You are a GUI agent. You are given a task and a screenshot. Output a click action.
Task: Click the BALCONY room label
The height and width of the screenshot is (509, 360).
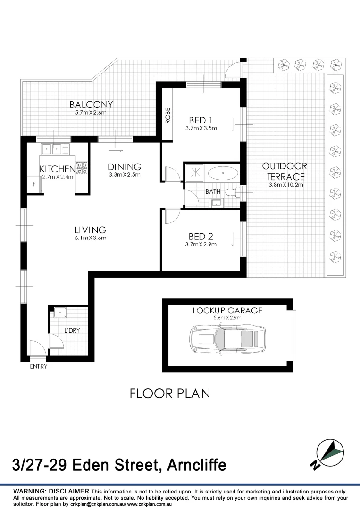click(91, 105)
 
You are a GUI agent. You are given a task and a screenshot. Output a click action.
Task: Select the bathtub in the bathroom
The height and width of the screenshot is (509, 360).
click(223, 173)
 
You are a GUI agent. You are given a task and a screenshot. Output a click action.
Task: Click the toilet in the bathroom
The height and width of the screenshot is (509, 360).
click(231, 192)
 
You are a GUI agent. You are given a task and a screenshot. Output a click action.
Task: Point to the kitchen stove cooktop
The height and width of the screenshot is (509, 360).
click(82, 167)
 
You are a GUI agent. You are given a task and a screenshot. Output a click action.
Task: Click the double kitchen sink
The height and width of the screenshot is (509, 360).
click(55, 149)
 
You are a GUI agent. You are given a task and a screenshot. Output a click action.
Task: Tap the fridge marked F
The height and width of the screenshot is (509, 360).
click(33, 185)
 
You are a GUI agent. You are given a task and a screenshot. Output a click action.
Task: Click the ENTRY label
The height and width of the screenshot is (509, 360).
click(38, 366)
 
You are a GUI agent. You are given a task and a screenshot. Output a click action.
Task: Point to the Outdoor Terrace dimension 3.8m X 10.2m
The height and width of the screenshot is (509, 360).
click(285, 185)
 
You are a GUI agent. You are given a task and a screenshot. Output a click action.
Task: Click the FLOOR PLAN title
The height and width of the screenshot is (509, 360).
click(170, 394)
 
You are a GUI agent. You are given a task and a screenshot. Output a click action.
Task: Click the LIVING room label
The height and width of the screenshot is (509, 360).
click(90, 230)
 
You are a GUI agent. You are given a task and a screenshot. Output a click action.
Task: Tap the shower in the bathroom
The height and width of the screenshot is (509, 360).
click(194, 172)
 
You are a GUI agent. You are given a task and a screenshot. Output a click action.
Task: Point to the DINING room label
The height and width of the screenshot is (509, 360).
click(125, 167)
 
